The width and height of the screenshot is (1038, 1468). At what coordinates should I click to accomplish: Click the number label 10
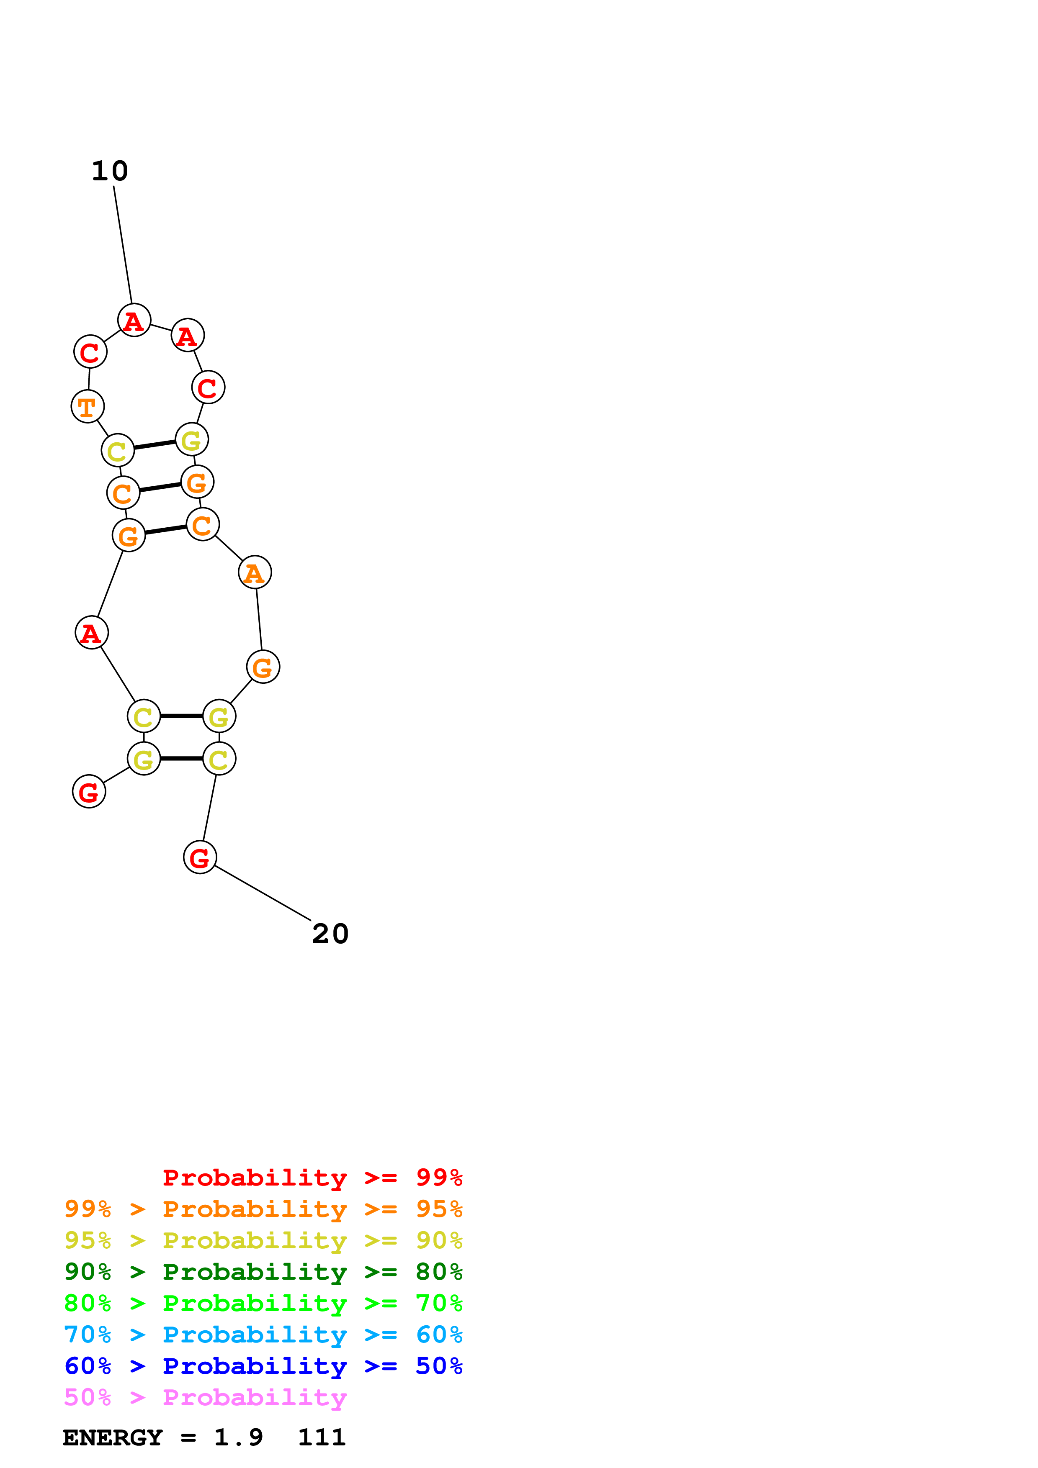[x=110, y=171]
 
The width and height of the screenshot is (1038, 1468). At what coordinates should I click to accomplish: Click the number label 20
[x=330, y=934]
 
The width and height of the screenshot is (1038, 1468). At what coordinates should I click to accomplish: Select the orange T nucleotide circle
[x=88, y=407]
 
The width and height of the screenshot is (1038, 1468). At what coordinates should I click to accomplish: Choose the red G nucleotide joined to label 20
[x=200, y=857]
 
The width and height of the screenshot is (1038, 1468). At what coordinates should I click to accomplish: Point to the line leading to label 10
[x=123, y=244]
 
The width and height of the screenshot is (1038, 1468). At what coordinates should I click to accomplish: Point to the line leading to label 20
[x=262, y=893]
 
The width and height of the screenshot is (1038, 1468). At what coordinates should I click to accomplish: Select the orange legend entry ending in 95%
[x=263, y=1209]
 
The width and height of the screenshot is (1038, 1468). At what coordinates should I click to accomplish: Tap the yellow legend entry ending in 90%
[x=263, y=1240]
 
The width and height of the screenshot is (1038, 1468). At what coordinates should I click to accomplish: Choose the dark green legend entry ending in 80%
[x=263, y=1272]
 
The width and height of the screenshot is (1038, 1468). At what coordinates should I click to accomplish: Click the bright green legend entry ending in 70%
[x=263, y=1303]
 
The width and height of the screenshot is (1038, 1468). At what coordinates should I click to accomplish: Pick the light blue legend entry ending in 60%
[x=263, y=1335]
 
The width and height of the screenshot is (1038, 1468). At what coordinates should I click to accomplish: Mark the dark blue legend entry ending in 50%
[x=263, y=1366]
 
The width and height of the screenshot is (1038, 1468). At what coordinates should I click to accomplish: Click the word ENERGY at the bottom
[x=113, y=1438]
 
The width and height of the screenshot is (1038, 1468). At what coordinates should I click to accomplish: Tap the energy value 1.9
[x=239, y=1438]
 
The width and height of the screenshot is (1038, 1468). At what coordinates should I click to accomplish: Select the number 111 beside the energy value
[x=322, y=1438]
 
